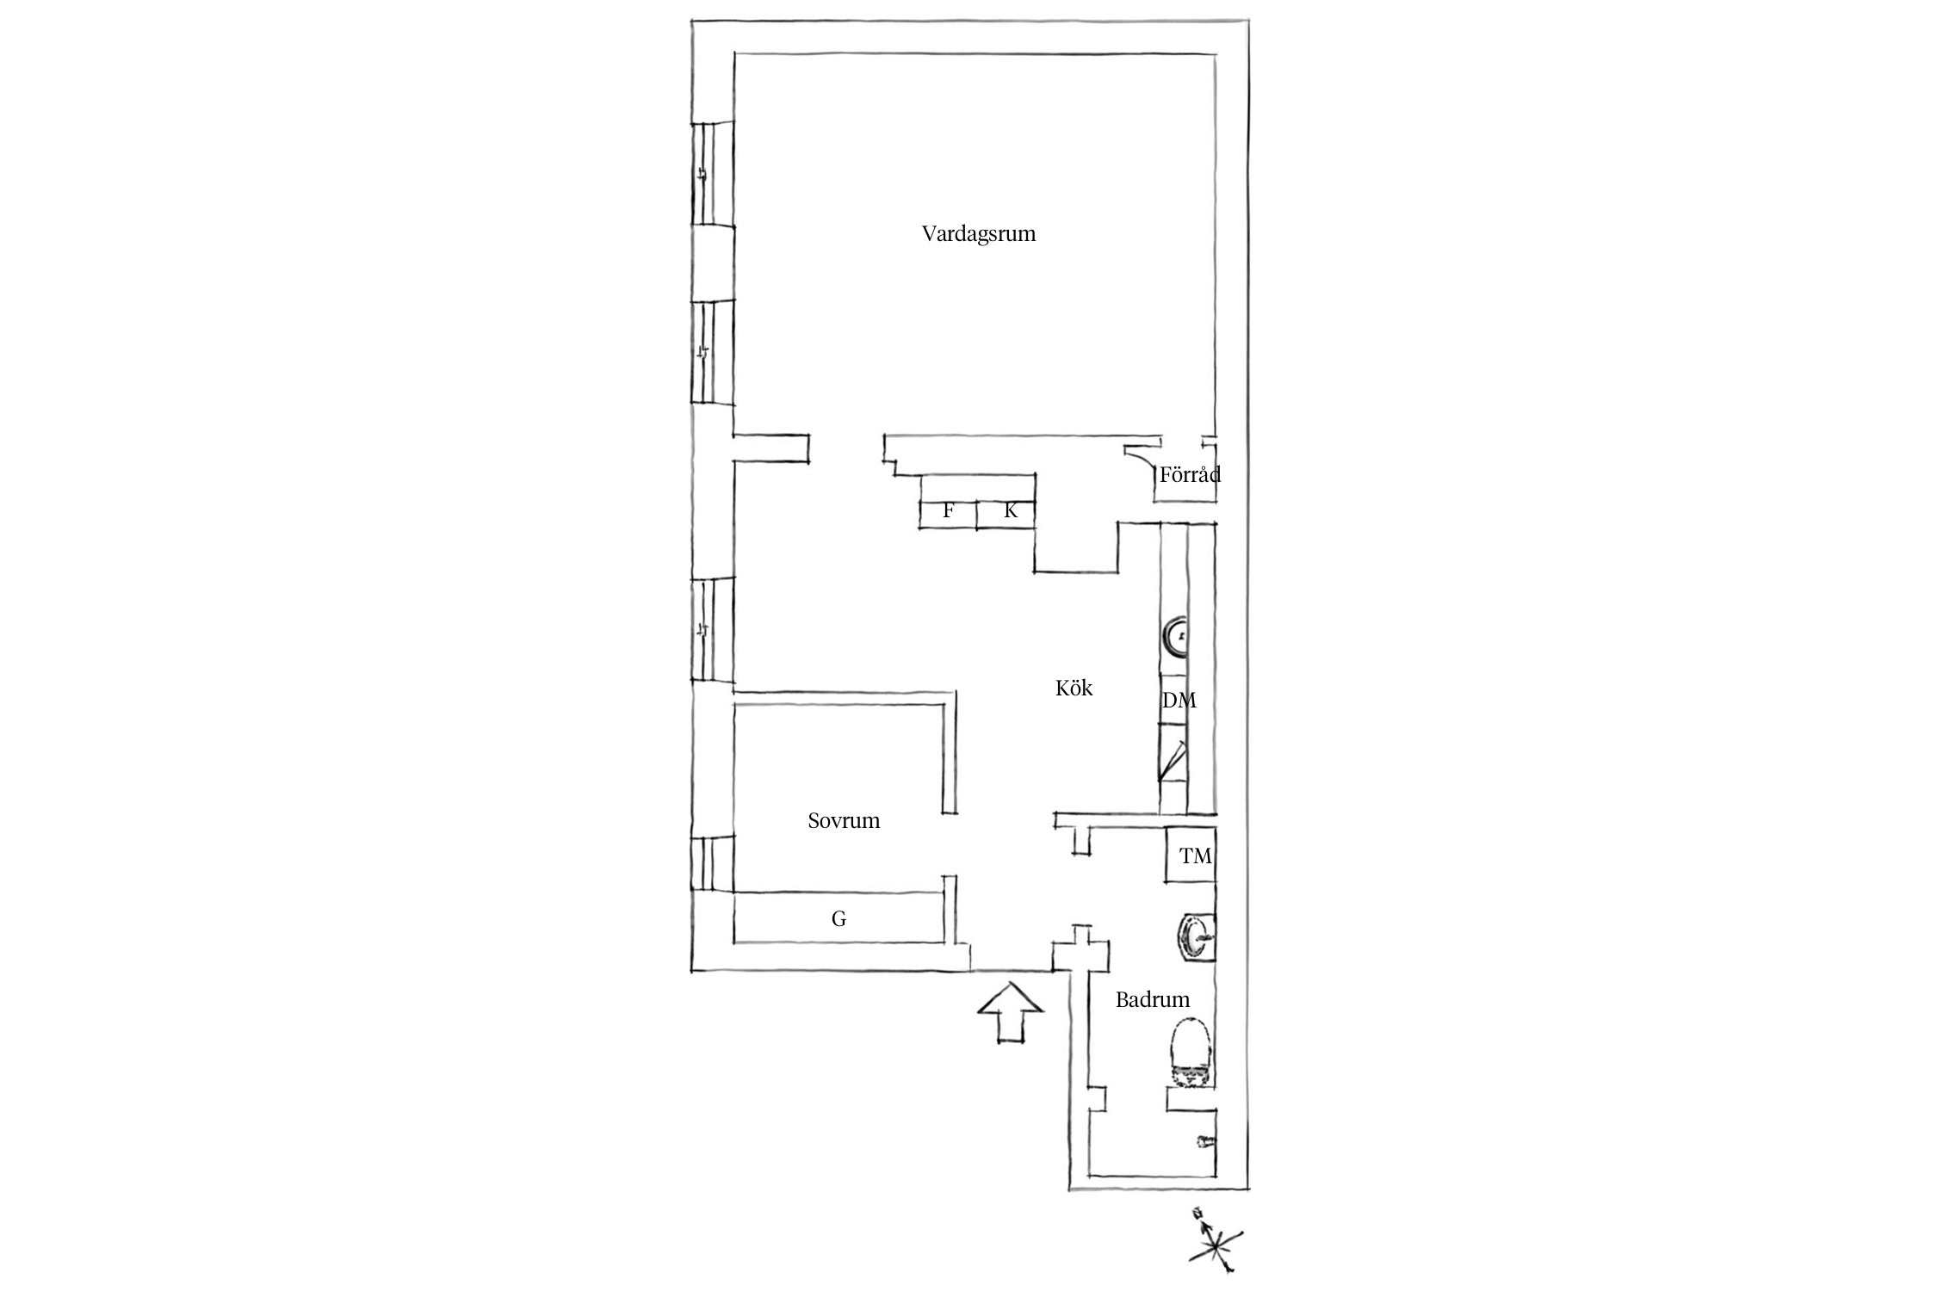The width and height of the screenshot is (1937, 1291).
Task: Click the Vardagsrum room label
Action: (979, 234)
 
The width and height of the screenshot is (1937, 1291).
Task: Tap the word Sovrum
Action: (844, 821)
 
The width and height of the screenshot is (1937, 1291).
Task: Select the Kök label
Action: (1074, 689)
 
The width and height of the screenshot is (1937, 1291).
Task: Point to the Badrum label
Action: (1153, 1000)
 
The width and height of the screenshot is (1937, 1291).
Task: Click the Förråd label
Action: (1190, 474)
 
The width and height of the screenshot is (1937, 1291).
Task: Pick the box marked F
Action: (949, 511)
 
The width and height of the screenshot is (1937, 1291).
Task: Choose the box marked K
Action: (1006, 511)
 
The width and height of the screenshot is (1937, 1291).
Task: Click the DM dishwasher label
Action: (1179, 701)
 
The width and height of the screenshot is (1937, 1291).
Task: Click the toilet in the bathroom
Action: (1191, 1053)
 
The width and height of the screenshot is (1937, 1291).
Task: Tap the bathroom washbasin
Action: (1196, 936)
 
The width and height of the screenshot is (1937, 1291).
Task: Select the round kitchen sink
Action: (1175, 637)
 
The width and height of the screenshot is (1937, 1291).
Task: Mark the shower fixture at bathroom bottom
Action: (1204, 1142)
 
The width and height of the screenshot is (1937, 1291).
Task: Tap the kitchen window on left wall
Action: (713, 630)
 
